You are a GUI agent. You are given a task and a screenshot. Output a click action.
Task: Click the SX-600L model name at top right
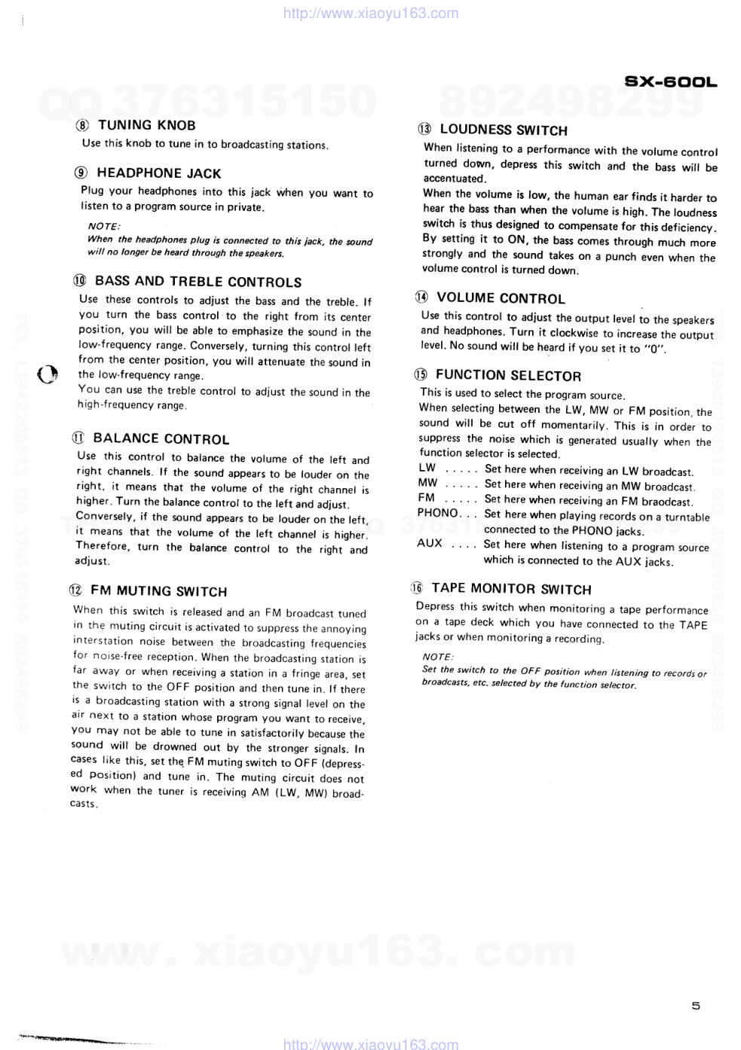670,82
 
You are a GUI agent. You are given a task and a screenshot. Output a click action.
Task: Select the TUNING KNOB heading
146,125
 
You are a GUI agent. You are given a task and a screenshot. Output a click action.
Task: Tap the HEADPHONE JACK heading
158,173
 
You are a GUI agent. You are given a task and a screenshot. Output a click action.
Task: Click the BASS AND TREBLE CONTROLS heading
197,282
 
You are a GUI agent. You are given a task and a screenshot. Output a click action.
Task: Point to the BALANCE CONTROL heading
161,438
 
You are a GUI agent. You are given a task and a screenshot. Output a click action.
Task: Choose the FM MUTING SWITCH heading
158,591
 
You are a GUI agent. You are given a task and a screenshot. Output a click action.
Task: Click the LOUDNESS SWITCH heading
503,130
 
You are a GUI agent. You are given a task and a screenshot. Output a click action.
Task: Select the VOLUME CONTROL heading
501,298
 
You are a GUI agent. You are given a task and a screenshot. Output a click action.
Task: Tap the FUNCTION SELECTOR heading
508,375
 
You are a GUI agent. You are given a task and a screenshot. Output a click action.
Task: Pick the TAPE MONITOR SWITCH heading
511,589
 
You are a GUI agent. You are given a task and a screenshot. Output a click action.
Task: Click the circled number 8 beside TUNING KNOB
82,126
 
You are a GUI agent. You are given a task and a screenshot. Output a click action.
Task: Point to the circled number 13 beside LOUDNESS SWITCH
424,130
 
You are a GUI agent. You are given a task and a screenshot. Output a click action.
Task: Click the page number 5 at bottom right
696,1006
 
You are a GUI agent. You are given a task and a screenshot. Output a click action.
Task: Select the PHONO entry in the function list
437,513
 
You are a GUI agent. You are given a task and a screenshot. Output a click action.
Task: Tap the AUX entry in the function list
430,543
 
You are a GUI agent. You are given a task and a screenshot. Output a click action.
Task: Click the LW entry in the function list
427,468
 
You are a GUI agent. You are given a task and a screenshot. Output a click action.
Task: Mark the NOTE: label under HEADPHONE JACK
104,226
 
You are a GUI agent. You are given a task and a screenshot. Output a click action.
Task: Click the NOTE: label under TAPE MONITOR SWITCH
438,657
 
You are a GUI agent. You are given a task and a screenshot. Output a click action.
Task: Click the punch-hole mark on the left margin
47,374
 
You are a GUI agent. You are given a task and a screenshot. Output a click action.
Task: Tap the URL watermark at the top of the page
370,13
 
